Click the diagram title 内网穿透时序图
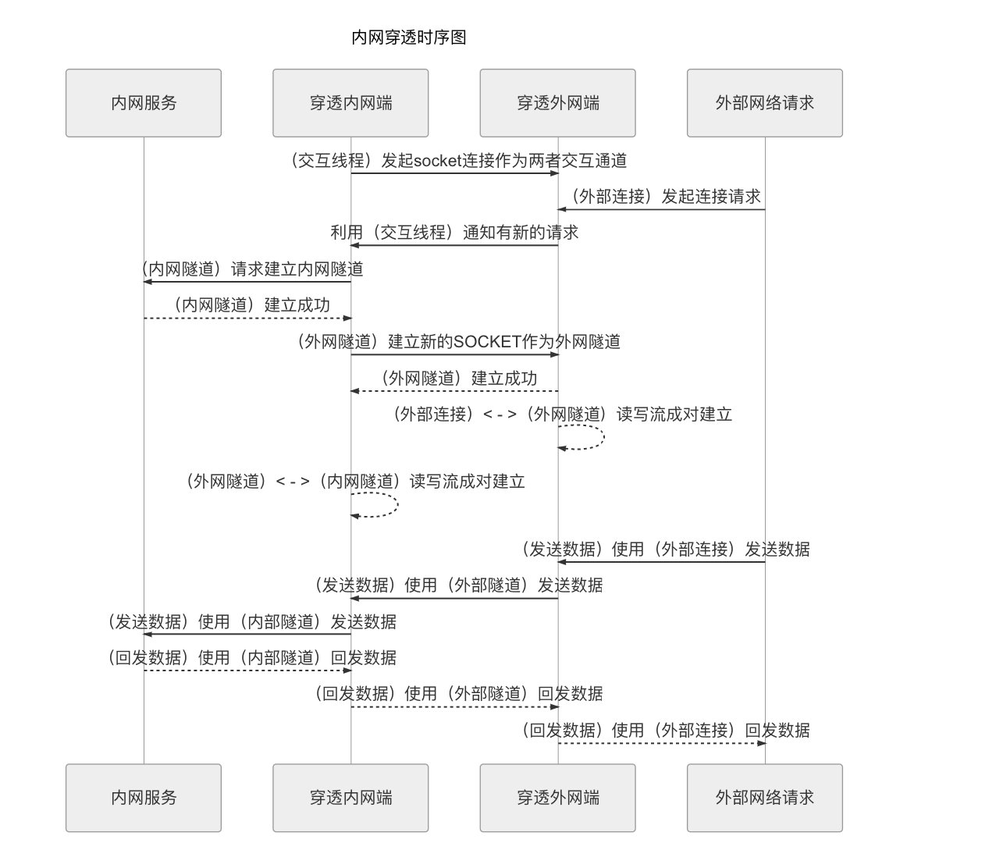[x=409, y=37]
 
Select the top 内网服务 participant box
[x=144, y=103]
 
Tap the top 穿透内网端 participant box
[x=350, y=103]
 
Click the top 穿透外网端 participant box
[x=557, y=103]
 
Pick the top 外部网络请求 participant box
[x=764, y=103]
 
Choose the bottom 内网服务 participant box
[x=144, y=798]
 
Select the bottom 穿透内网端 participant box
[x=350, y=798]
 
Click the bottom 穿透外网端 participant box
[x=557, y=798]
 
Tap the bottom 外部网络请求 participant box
[x=764, y=798]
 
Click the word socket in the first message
[x=437, y=162]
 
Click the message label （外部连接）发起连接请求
[x=665, y=197]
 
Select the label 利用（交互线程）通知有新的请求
[x=454, y=233]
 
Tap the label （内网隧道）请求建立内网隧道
[x=251, y=269]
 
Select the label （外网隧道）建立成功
[x=458, y=379]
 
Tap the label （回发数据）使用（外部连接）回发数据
[x=666, y=731]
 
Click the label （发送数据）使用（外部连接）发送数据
[x=666, y=550]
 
